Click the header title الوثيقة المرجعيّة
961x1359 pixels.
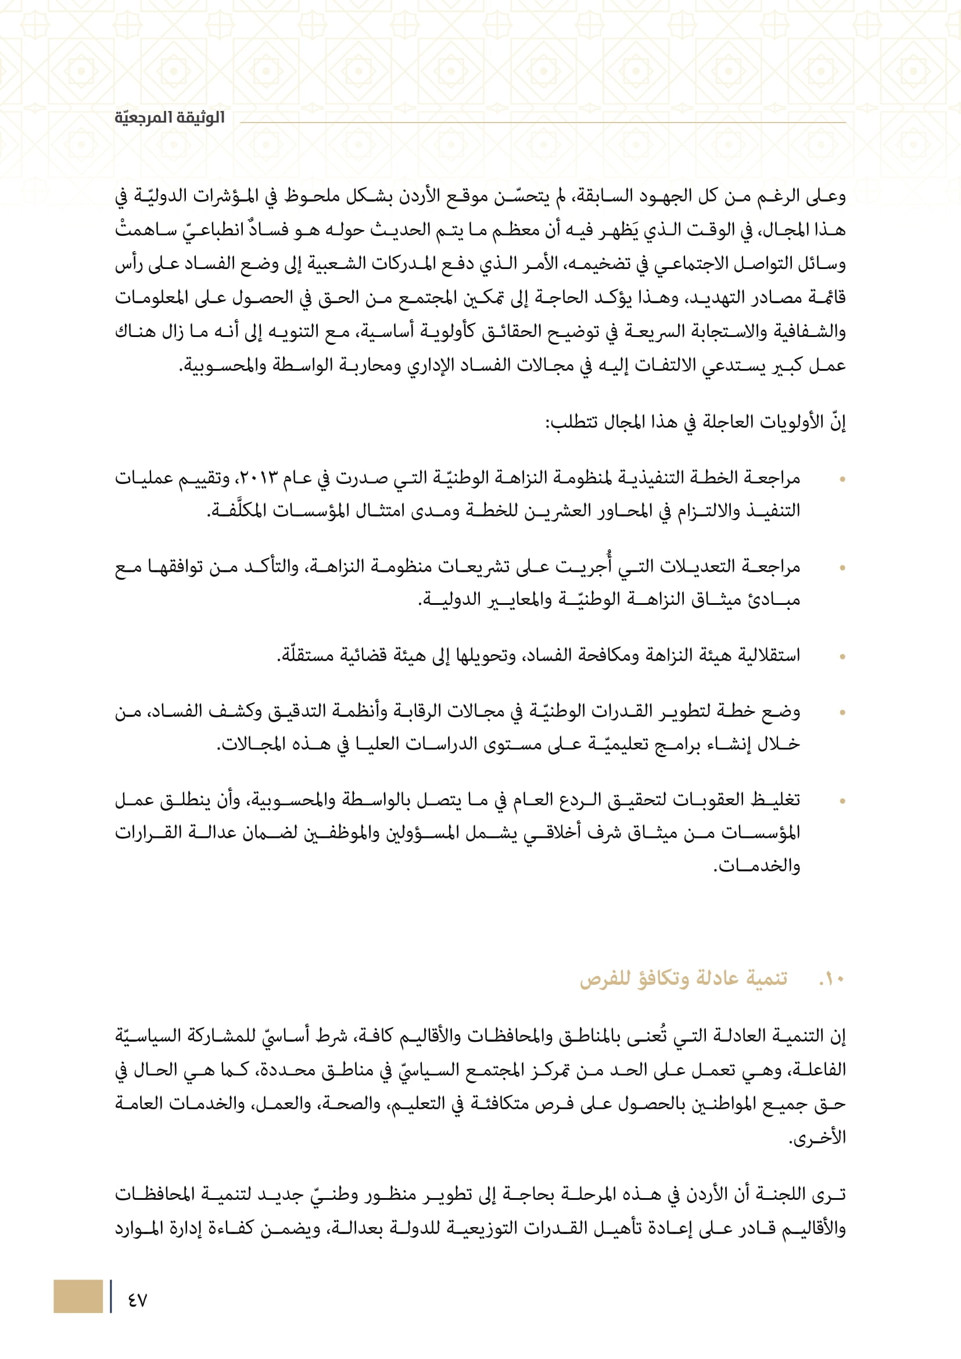tap(170, 117)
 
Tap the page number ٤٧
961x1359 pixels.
tap(137, 1300)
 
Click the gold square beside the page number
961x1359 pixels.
tap(78, 1296)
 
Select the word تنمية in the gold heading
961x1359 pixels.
tap(766, 978)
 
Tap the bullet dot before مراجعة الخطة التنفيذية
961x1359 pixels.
tap(842, 479)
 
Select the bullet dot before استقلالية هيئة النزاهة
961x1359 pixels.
tap(842, 657)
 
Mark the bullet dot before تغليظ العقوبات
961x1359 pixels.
tap(842, 801)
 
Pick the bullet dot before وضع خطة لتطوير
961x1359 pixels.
tap(842, 712)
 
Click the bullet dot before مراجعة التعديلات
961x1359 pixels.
tap(842, 568)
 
